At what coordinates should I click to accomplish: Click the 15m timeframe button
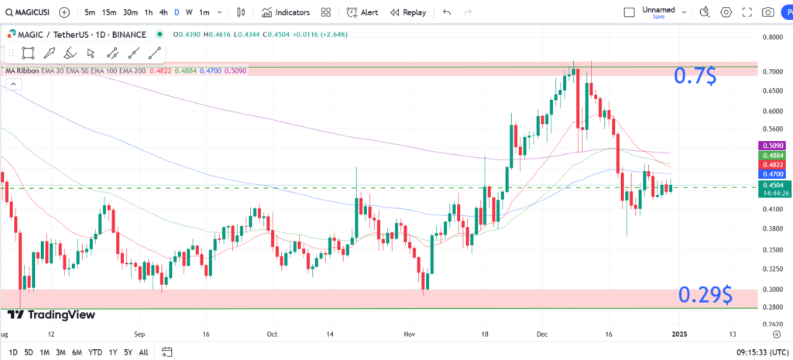pos(109,12)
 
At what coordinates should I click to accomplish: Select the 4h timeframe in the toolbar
pos(163,12)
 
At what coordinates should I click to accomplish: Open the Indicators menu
pos(286,12)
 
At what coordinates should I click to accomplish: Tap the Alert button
pos(362,12)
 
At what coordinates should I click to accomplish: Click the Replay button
pos(408,12)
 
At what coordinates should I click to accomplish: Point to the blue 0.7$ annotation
pos(695,76)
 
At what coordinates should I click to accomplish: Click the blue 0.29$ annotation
pos(705,295)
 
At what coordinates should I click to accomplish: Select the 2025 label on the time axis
pos(679,334)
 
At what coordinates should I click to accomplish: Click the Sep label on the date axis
pos(139,334)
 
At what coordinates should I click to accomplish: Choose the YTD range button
pos(96,352)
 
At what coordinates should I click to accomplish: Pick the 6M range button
pos(77,352)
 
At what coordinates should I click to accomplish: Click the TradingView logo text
pos(53,314)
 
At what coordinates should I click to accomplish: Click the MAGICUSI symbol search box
pos(29,12)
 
